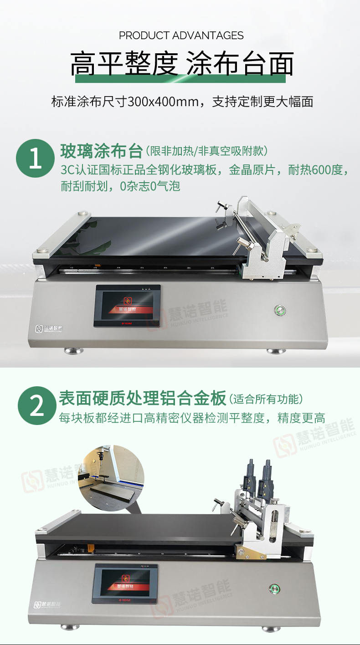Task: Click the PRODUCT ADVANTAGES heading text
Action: pos(181,36)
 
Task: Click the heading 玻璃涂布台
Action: pos(101,151)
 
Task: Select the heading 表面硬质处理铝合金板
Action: pos(142,398)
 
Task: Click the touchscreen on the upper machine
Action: pos(127,306)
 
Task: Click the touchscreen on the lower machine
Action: pos(125,583)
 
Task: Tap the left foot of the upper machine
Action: pos(73,350)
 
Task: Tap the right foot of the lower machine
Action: pos(271,628)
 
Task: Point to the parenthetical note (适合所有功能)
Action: pos(267,399)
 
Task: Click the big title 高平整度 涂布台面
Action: pos(181,64)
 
